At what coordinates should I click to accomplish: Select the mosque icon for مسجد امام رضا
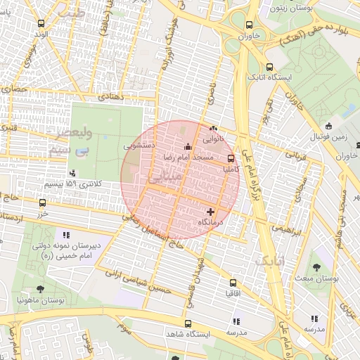click(x=188, y=147)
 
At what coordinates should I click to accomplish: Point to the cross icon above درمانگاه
click(x=210, y=211)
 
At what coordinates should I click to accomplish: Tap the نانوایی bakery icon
click(x=214, y=129)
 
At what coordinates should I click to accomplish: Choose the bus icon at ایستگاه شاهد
click(x=187, y=323)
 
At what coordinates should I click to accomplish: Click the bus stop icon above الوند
click(x=43, y=23)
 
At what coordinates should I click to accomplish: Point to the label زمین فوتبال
click(x=328, y=137)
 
